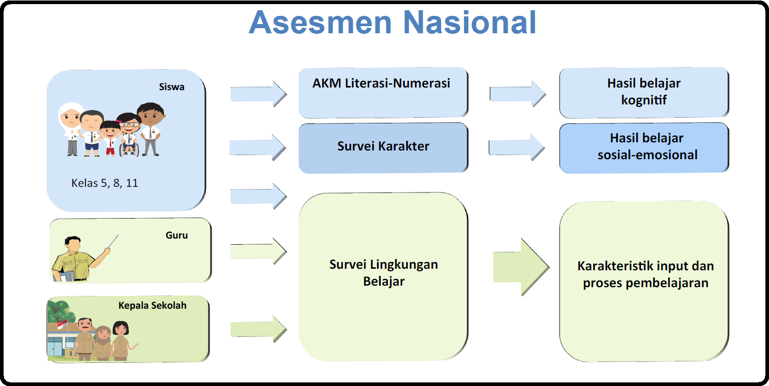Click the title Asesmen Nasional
click(392, 22)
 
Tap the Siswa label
click(171, 87)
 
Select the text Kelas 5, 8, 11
click(105, 183)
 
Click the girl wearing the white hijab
click(71, 128)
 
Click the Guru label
click(177, 235)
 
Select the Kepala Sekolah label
click(152, 306)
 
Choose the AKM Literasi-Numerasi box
click(383, 92)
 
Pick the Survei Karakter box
click(383, 146)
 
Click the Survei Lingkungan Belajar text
click(383, 273)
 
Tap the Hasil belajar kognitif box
click(643, 92)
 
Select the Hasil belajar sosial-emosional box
click(643, 146)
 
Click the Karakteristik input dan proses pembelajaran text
click(645, 274)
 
